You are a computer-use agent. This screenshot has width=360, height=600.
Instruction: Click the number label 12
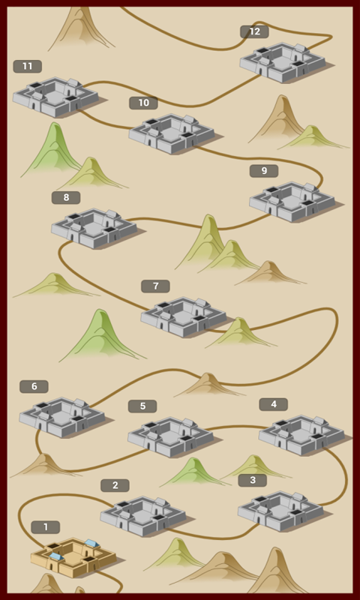click(254, 31)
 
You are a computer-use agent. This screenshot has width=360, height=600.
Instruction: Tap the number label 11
click(28, 67)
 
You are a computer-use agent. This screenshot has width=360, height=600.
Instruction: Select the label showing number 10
click(143, 103)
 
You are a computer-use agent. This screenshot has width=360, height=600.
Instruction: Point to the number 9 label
click(264, 171)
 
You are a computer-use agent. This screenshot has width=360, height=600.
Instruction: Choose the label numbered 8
click(66, 197)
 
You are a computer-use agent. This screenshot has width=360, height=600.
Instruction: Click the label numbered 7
click(156, 286)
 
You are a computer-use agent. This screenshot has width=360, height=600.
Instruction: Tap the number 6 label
click(34, 386)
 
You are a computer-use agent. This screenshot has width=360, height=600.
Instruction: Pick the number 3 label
click(253, 480)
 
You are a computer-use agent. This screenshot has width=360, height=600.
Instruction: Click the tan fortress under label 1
click(73, 557)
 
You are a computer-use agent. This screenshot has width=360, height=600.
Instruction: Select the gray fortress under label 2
click(143, 516)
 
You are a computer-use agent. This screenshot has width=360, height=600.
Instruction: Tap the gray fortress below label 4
click(301, 435)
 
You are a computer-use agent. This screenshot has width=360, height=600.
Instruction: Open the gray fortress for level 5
click(171, 436)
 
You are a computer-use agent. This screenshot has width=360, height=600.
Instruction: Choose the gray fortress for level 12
click(283, 62)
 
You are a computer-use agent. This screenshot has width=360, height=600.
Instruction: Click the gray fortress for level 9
click(292, 202)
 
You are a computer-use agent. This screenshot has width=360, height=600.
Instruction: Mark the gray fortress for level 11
click(55, 97)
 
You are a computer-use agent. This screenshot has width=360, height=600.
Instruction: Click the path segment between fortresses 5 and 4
click(236, 426)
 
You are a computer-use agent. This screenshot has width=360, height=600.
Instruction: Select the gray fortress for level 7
click(184, 316)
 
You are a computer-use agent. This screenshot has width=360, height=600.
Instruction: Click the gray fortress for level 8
click(94, 229)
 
